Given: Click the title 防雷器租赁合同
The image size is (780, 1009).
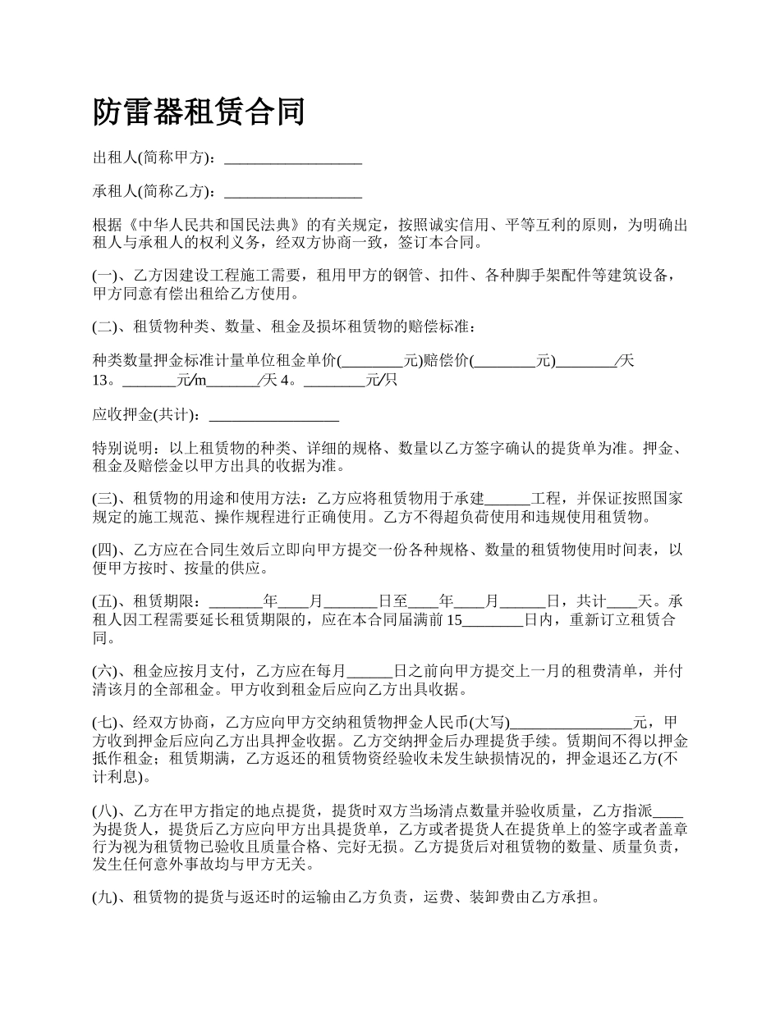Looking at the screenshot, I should (x=199, y=112).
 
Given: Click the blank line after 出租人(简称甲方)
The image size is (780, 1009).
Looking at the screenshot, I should (x=292, y=158).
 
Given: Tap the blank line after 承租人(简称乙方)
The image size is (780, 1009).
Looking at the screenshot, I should (x=292, y=192).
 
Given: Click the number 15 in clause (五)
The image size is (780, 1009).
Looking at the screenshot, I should (x=454, y=619).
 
